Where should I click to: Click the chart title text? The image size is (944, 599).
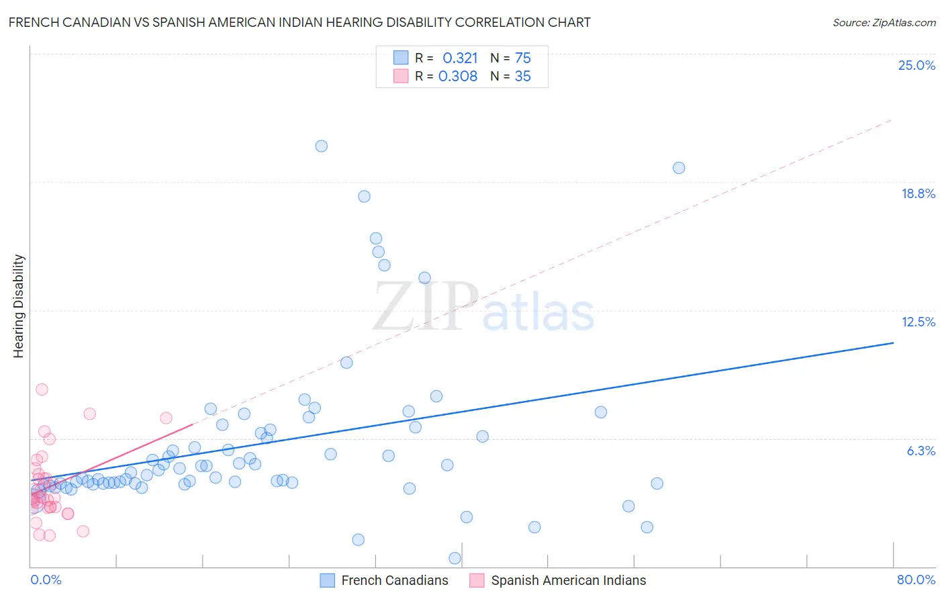click(299, 22)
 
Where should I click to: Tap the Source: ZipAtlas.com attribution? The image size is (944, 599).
click(884, 22)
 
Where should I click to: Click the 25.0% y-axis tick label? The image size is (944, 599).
click(916, 65)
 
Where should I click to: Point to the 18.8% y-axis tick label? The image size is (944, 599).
click(918, 193)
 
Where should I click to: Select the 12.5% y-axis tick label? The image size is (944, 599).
click(918, 322)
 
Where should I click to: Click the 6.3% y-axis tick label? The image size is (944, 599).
click(921, 451)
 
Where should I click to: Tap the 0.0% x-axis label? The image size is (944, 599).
click(46, 580)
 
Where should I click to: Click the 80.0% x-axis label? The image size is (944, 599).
click(916, 580)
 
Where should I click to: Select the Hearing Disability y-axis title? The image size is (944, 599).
click(19, 306)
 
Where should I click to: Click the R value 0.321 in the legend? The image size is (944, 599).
click(460, 58)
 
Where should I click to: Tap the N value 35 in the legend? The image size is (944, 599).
click(522, 76)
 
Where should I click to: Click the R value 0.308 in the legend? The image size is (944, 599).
click(458, 76)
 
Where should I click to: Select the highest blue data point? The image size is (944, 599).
click(322, 146)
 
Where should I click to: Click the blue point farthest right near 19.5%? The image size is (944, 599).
click(679, 168)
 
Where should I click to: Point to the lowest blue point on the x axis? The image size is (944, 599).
click(455, 558)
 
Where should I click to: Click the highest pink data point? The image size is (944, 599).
click(42, 389)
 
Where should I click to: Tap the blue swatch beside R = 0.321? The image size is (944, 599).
click(401, 58)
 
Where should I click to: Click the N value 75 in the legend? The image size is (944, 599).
click(522, 58)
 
